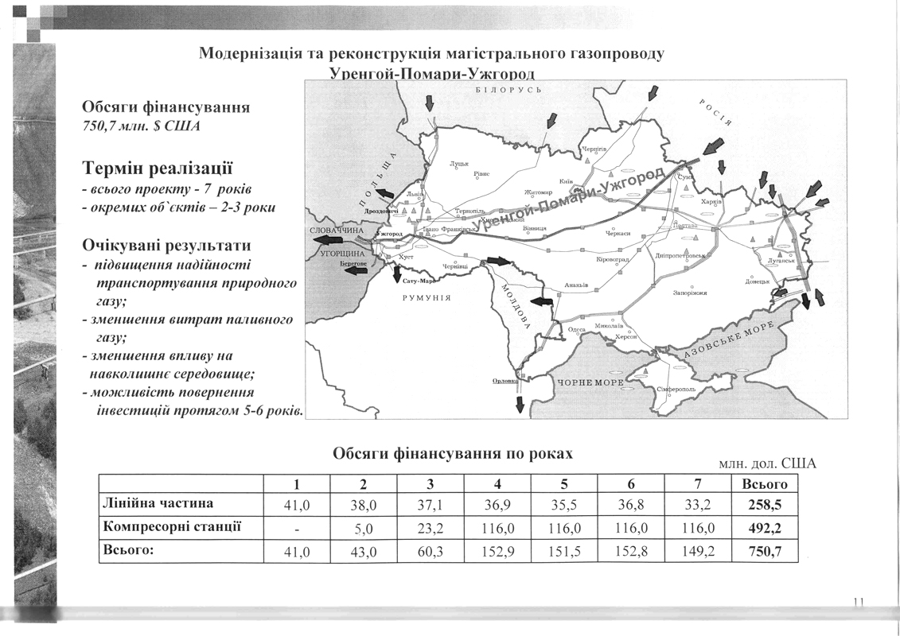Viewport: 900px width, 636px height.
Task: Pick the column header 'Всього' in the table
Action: tap(764, 483)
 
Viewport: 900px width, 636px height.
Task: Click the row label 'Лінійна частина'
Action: tap(158, 503)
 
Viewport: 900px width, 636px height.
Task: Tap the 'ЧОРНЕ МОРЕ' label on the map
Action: tap(590, 383)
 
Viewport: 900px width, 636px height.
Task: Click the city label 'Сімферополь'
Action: tap(676, 390)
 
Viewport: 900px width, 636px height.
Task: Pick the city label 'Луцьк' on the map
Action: tap(459, 164)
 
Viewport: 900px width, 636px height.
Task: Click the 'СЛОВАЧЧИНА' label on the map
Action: tap(336, 231)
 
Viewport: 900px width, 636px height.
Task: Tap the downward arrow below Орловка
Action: tap(520, 403)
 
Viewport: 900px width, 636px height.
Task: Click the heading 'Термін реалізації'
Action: tap(158, 169)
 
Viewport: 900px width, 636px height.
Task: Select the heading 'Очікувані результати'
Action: tap(166, 246)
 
